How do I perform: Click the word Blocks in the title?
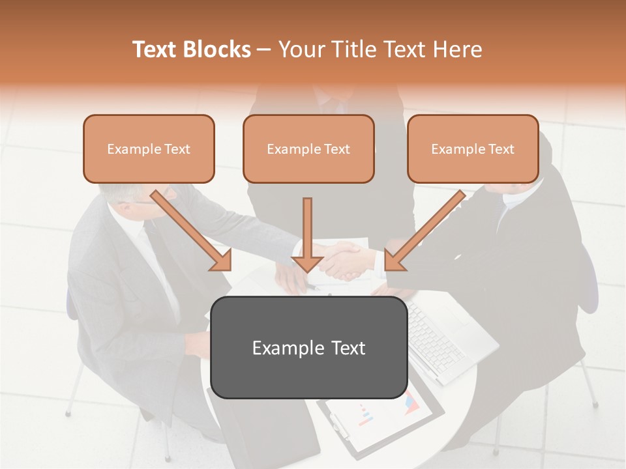point(217,50)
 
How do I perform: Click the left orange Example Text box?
point(149,149)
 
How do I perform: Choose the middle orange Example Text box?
point(308,149)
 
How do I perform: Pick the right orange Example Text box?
point(473,149)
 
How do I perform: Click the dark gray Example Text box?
point(308,347)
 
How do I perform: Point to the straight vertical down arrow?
point(307,234)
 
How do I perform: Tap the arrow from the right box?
point(424,231)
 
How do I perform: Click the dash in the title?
point(264,50)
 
